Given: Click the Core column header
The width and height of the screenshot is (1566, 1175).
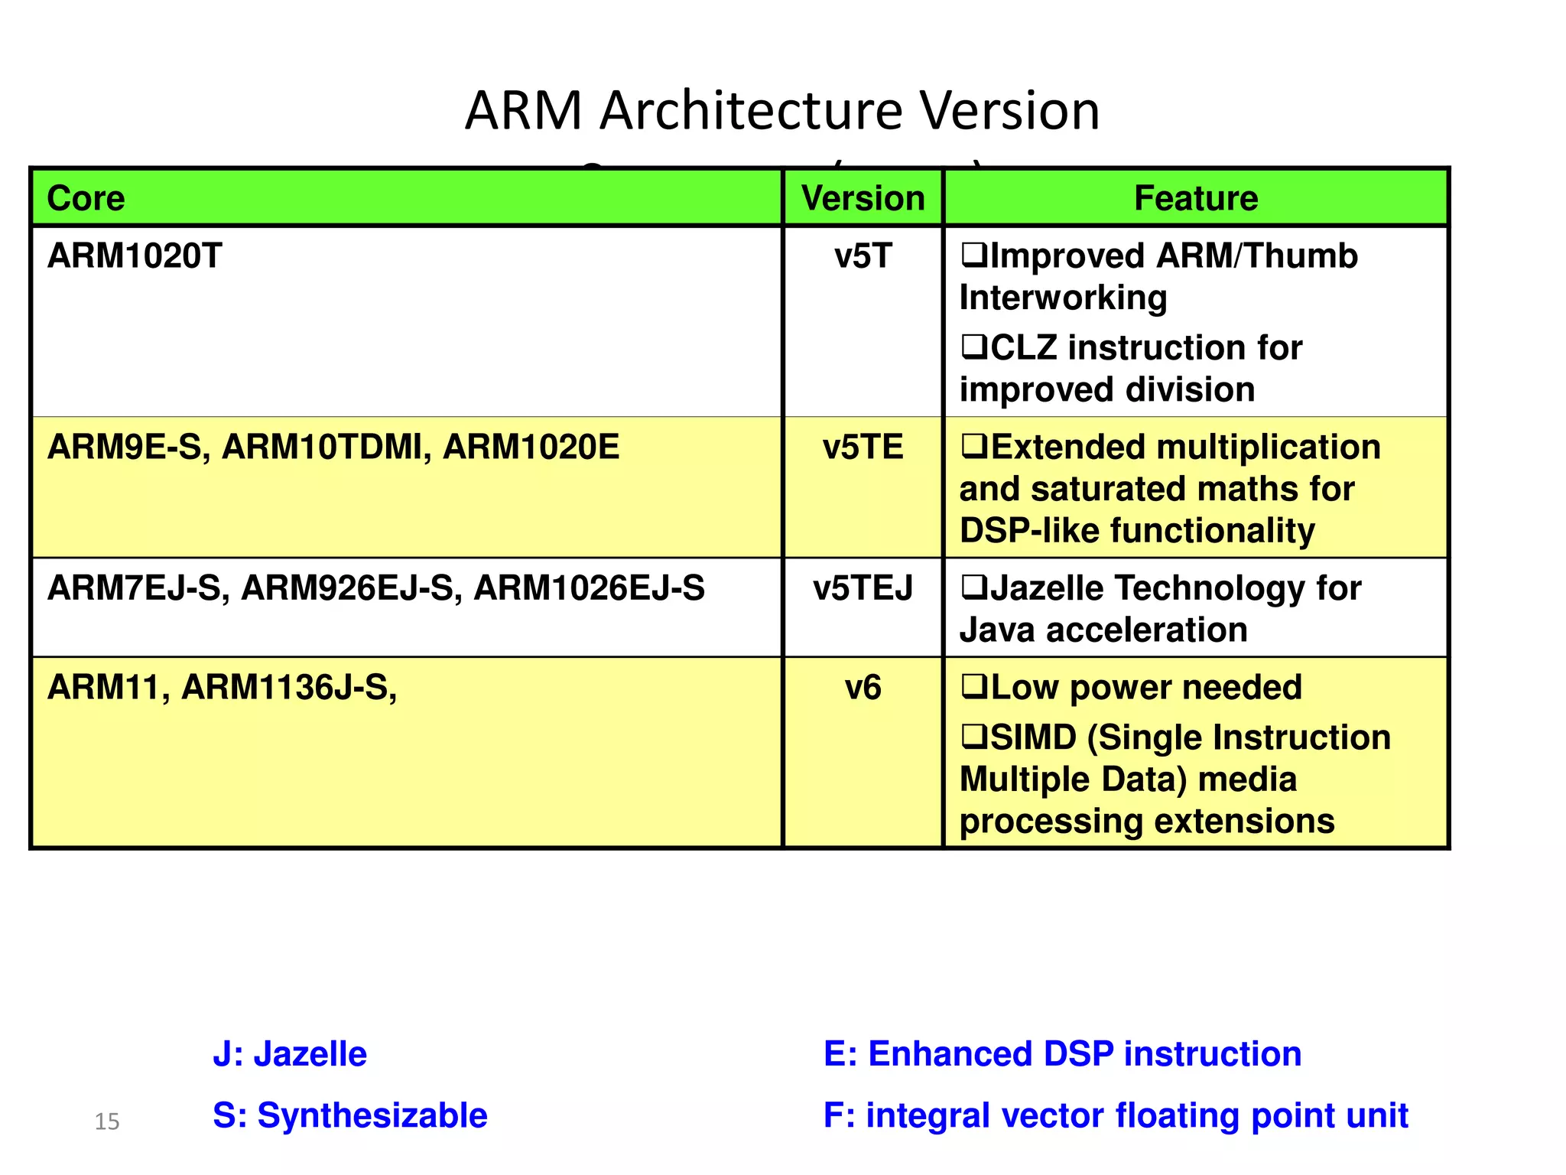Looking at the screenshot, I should coord(86,198).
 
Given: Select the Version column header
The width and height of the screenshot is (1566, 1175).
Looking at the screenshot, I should coord(863,198).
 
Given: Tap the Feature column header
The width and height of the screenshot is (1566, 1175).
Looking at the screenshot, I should coord(1196,198).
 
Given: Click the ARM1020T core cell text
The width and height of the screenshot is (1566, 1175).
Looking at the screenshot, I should coord(135,256).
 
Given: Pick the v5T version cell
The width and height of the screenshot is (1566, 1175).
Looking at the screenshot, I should coord(863,256).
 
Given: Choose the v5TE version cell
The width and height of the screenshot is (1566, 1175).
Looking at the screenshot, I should coord(863,447).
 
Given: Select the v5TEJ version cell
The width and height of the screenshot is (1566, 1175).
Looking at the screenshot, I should coord(863,588).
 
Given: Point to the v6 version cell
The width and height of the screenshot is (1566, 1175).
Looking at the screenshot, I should coord(863,688).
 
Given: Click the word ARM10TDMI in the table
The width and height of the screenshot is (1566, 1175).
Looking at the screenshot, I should coord(322,447).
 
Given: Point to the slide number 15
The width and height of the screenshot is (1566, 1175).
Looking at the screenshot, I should coord(107,1121).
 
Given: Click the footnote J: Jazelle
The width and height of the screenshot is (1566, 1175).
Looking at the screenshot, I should coord(290,1054).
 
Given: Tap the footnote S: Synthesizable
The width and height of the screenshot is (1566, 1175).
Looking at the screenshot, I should coord(349,1115).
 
